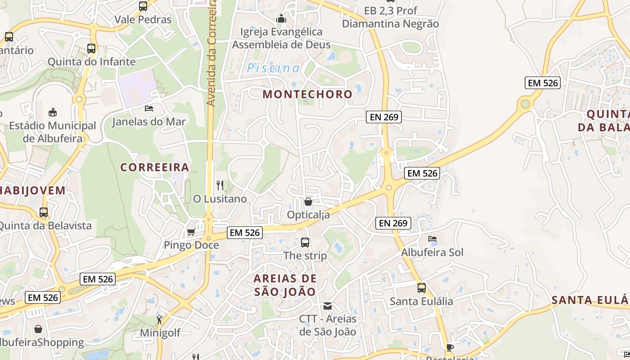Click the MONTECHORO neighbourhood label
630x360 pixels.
pos(307,94)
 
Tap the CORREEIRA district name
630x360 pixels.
pos(154,167)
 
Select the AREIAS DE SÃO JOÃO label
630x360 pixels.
pos(285,285)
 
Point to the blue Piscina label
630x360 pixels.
pos(273,68)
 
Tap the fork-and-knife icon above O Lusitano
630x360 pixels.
pos(220,185)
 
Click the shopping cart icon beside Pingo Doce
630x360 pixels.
pos(191,232)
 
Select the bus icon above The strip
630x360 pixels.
pos(305,243)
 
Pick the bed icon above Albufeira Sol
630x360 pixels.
pos(432,239)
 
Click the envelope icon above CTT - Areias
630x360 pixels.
pos(328,306)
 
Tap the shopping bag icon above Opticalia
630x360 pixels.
pos(308,201)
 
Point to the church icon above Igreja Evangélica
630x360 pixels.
pos(281,18)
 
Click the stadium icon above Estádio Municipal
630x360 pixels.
pos(53,112)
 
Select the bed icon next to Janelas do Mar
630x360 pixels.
pos(148,108)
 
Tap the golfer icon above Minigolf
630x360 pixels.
pos(159,319)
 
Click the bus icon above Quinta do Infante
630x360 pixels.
pos(91,48)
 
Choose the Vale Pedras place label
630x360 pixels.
pos(143,20)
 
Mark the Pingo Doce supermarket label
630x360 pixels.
pos(191,245)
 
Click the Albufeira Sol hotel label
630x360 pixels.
pos(432,252)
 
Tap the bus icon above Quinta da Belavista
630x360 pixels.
pos(44,212)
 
